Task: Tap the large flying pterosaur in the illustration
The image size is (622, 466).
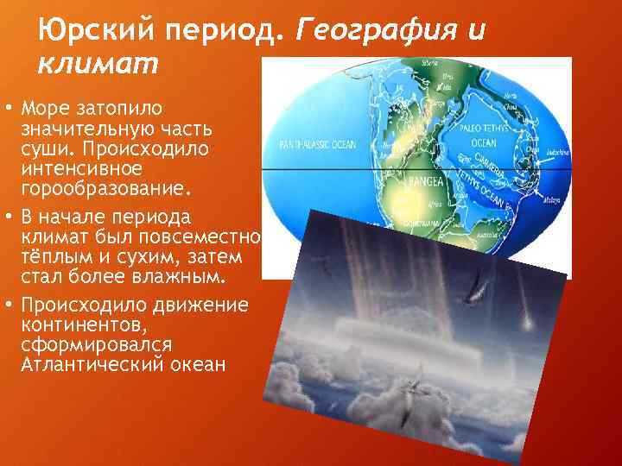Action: pos(470,295)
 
